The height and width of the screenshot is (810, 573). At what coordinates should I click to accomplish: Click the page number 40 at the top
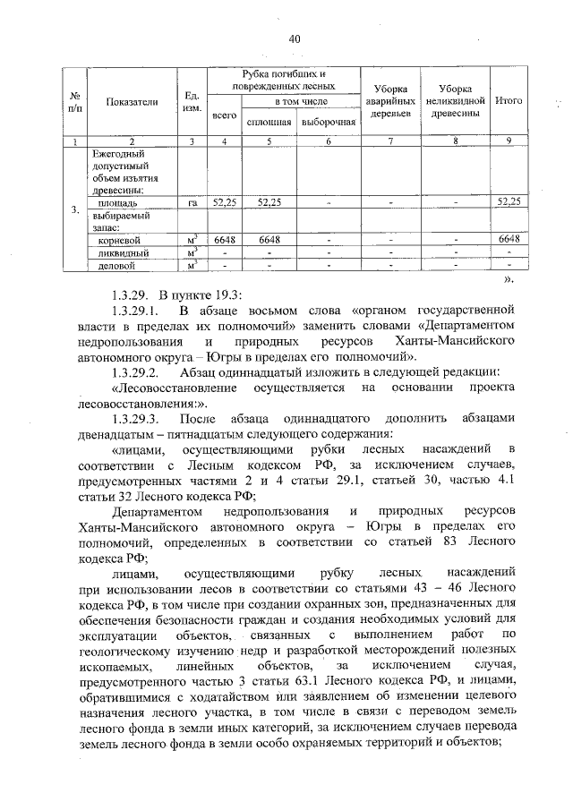pyautogui.click(x=295, y=38)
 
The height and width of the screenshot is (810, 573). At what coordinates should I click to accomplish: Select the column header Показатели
pyautogui.click(x=132, y=102)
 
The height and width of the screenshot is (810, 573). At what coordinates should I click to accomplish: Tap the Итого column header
pyautogui.click(x=509, y=101)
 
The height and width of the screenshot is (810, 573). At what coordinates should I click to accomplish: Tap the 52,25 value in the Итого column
pyautogui.click(x=509, y=203)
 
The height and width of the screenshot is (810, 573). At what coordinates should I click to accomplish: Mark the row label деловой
pyautogui.click(x=116, y=265)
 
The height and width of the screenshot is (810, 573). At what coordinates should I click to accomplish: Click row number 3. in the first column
pyautogui.click(x=74, y=210)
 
